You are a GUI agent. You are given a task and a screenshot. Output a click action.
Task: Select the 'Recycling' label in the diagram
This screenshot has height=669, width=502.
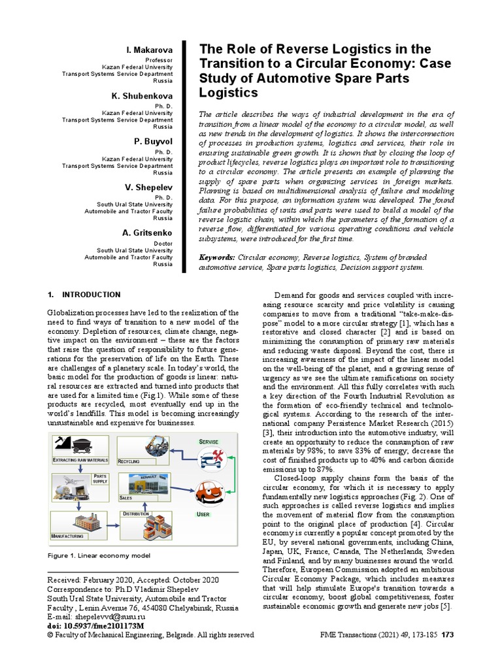129,461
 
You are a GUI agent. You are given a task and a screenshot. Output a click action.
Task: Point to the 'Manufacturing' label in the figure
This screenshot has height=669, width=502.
67,536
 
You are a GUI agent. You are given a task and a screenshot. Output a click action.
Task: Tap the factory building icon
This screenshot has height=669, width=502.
80,522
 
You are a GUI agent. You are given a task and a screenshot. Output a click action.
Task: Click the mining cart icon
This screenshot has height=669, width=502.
82,446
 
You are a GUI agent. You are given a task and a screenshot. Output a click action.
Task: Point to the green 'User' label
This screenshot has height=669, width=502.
204,515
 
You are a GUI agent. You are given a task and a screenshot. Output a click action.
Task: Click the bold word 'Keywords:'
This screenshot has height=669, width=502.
217,258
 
